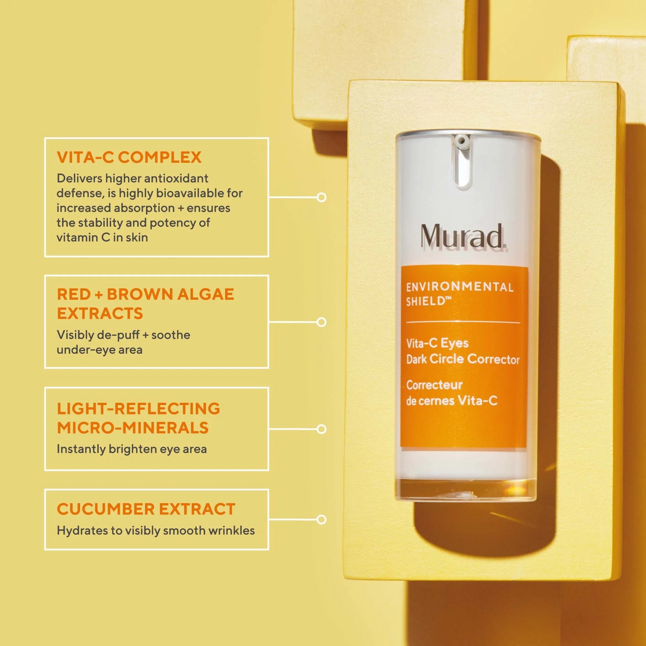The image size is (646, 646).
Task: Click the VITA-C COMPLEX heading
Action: coord(129,157)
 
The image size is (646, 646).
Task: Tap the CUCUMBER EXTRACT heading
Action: coord(146,509)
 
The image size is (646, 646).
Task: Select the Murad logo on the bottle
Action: coord(464,236)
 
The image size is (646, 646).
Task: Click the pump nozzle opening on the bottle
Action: coord(462,140)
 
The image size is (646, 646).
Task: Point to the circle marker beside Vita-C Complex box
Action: coord(321,197)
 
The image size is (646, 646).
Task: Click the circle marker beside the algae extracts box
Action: coord(321,322)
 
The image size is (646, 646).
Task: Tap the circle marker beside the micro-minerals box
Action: coord(321,429)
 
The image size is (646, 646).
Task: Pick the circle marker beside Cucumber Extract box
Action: coord(321,519)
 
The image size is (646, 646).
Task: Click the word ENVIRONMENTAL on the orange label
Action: coord(460,287)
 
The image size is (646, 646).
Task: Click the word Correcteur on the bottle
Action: coord(434,385)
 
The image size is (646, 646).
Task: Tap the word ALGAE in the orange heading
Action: coord(206,294)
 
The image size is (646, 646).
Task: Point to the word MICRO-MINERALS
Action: coord(133,428)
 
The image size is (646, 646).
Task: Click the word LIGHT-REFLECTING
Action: coord(139,409)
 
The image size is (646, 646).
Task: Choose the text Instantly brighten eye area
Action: coord(132,449)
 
